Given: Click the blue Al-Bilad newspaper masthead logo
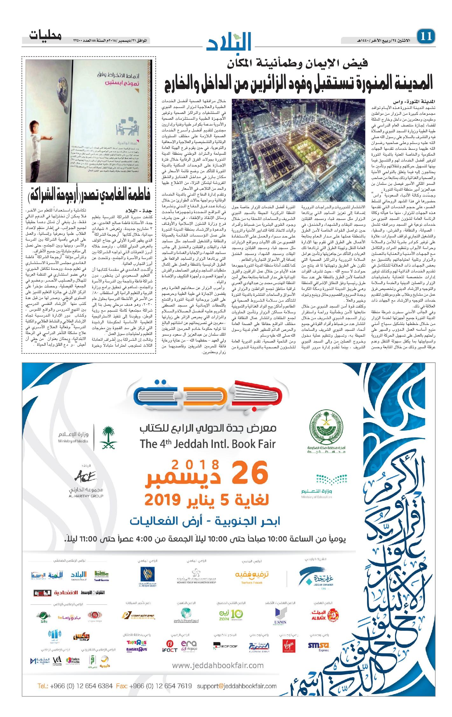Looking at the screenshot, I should (230, 41).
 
